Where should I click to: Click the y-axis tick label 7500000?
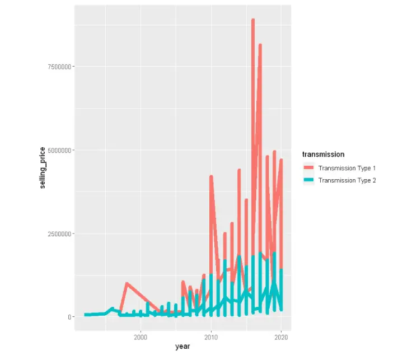56,67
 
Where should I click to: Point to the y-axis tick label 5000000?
56,150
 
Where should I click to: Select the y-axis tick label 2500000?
56,233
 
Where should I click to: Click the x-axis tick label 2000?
140,337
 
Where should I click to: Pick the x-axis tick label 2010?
211,337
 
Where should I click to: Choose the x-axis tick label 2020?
282,337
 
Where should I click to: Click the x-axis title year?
182,347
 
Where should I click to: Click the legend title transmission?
323,154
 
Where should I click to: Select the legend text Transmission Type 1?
346,168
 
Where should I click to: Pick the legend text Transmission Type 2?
346,180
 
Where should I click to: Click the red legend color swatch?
308,168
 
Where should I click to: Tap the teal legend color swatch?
308,180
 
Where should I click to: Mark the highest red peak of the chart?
253,20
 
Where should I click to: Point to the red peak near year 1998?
126,283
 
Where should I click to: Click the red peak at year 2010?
211,176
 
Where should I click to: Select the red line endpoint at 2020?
282,160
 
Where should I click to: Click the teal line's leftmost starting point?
85,315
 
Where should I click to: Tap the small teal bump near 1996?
113,308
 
